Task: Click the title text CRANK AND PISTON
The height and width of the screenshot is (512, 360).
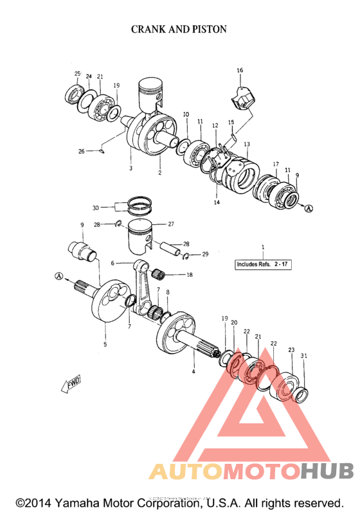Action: pyautogui.click(x=179, y=30)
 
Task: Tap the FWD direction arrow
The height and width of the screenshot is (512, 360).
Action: pyautogui.click(x=70, y=384)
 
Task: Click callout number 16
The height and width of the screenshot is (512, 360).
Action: pyautogui.click(x=240, y=70)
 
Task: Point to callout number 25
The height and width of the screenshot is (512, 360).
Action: pyautogui.click(x=77, y=74)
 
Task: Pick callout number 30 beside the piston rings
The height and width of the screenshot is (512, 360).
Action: pyautogui.click(x=95, y=207)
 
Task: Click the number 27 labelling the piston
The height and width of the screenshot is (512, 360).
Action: pyautogui.click(x=171, y=224)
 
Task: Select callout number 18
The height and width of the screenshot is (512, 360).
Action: pyautogui.click(x=189, y=275)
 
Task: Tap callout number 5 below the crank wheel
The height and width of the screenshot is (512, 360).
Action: pyautogui.click(x=105, y=344)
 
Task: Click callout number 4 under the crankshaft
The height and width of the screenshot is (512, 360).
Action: pyautogui.click(x=193, y=372)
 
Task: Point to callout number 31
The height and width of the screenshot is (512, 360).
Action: pyautogui.click(x=304, y=357)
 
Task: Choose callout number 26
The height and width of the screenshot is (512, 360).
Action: pyautogui.click(x=82, y=152)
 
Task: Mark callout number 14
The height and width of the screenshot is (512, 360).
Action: pyautogui.click(x=217, y=202)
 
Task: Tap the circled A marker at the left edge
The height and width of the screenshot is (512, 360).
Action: pyautogui.click(x=60, y=276)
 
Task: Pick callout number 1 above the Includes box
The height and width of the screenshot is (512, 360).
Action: pyautogui.click(x=262, y=247)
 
